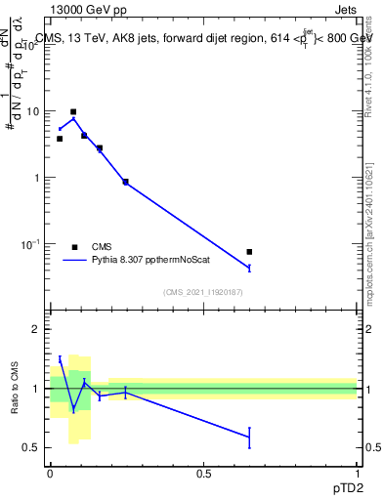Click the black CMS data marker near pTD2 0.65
250,252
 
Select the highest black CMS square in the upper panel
73,112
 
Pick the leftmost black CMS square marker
60,139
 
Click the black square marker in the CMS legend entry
74,247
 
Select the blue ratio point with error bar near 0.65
250,437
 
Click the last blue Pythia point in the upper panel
250,268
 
